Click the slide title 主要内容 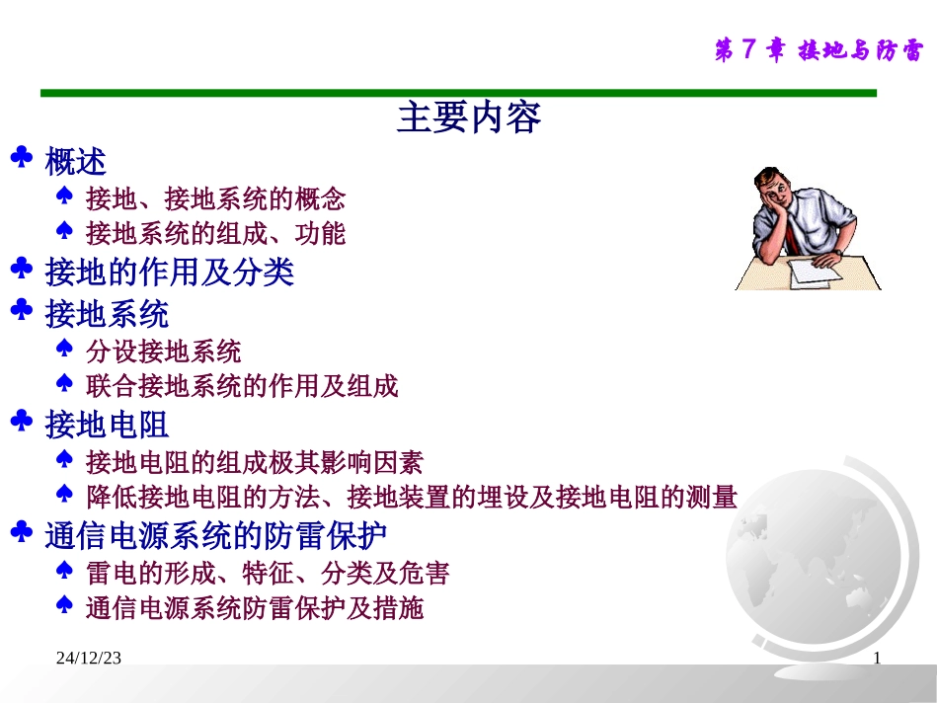(469, 117)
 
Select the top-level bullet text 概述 (76, 161)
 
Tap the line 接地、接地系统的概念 (215, 198)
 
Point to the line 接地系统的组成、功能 (215, 234)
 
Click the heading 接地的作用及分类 (169, 272)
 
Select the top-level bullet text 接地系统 (107, 315)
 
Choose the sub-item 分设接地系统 (163, 352)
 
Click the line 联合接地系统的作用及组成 (242, 387)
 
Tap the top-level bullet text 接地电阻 (107, 426)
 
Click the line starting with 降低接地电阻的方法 (411, 497)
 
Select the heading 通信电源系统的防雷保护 (215, 536)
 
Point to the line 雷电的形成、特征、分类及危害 (268, 573)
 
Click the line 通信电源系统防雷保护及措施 (255, 608)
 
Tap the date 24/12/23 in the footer (88, 659)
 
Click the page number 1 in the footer (876, 659)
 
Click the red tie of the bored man (793, 233)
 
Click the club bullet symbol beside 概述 (23, 158)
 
